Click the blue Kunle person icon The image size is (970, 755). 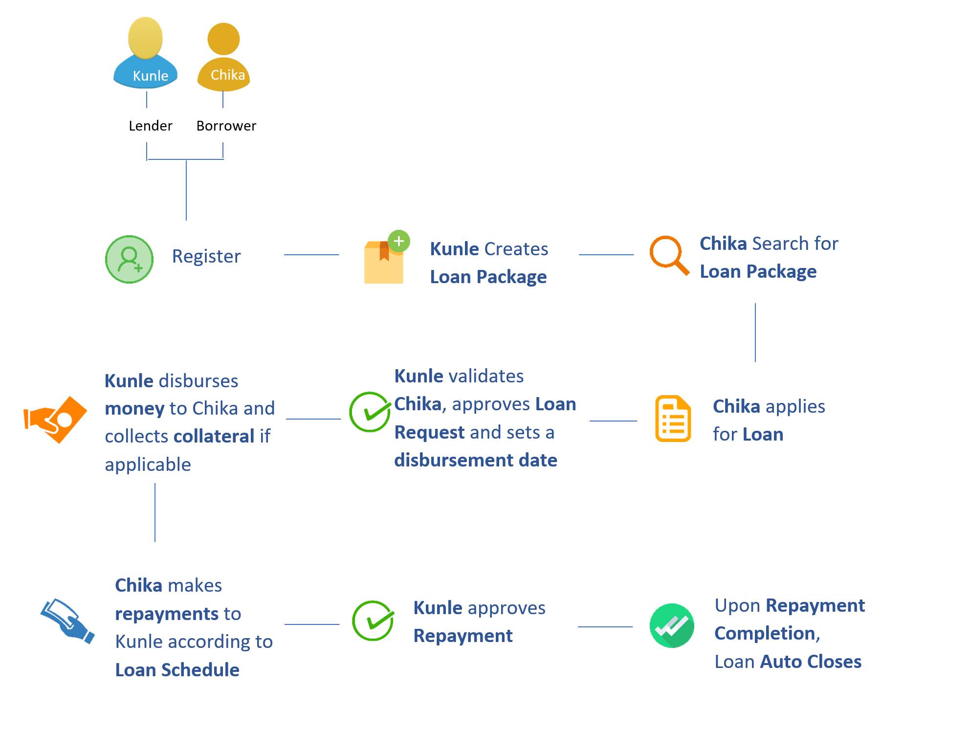[x=145, y=54]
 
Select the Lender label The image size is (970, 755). [x=150, y=126]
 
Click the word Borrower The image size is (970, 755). [x=226, y=126]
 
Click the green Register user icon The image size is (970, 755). [x=129, y=260]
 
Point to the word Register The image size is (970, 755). [x=206, y=257]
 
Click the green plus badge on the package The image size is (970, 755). [x=399, y=241]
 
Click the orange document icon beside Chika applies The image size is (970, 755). [x=673, y=419]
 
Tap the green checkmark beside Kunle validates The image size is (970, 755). [x=370, y=412]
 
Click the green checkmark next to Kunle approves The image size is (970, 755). [x=373, y=621]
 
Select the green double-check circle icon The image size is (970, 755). [x=672, y=626]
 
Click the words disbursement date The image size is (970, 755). [x=476, y=461]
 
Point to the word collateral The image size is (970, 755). [x=214, y=437]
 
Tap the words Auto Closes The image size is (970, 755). [x=811, y=662]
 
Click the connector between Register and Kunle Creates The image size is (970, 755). [x=311, y=255]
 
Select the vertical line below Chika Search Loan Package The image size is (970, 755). [x=755, y=333]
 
